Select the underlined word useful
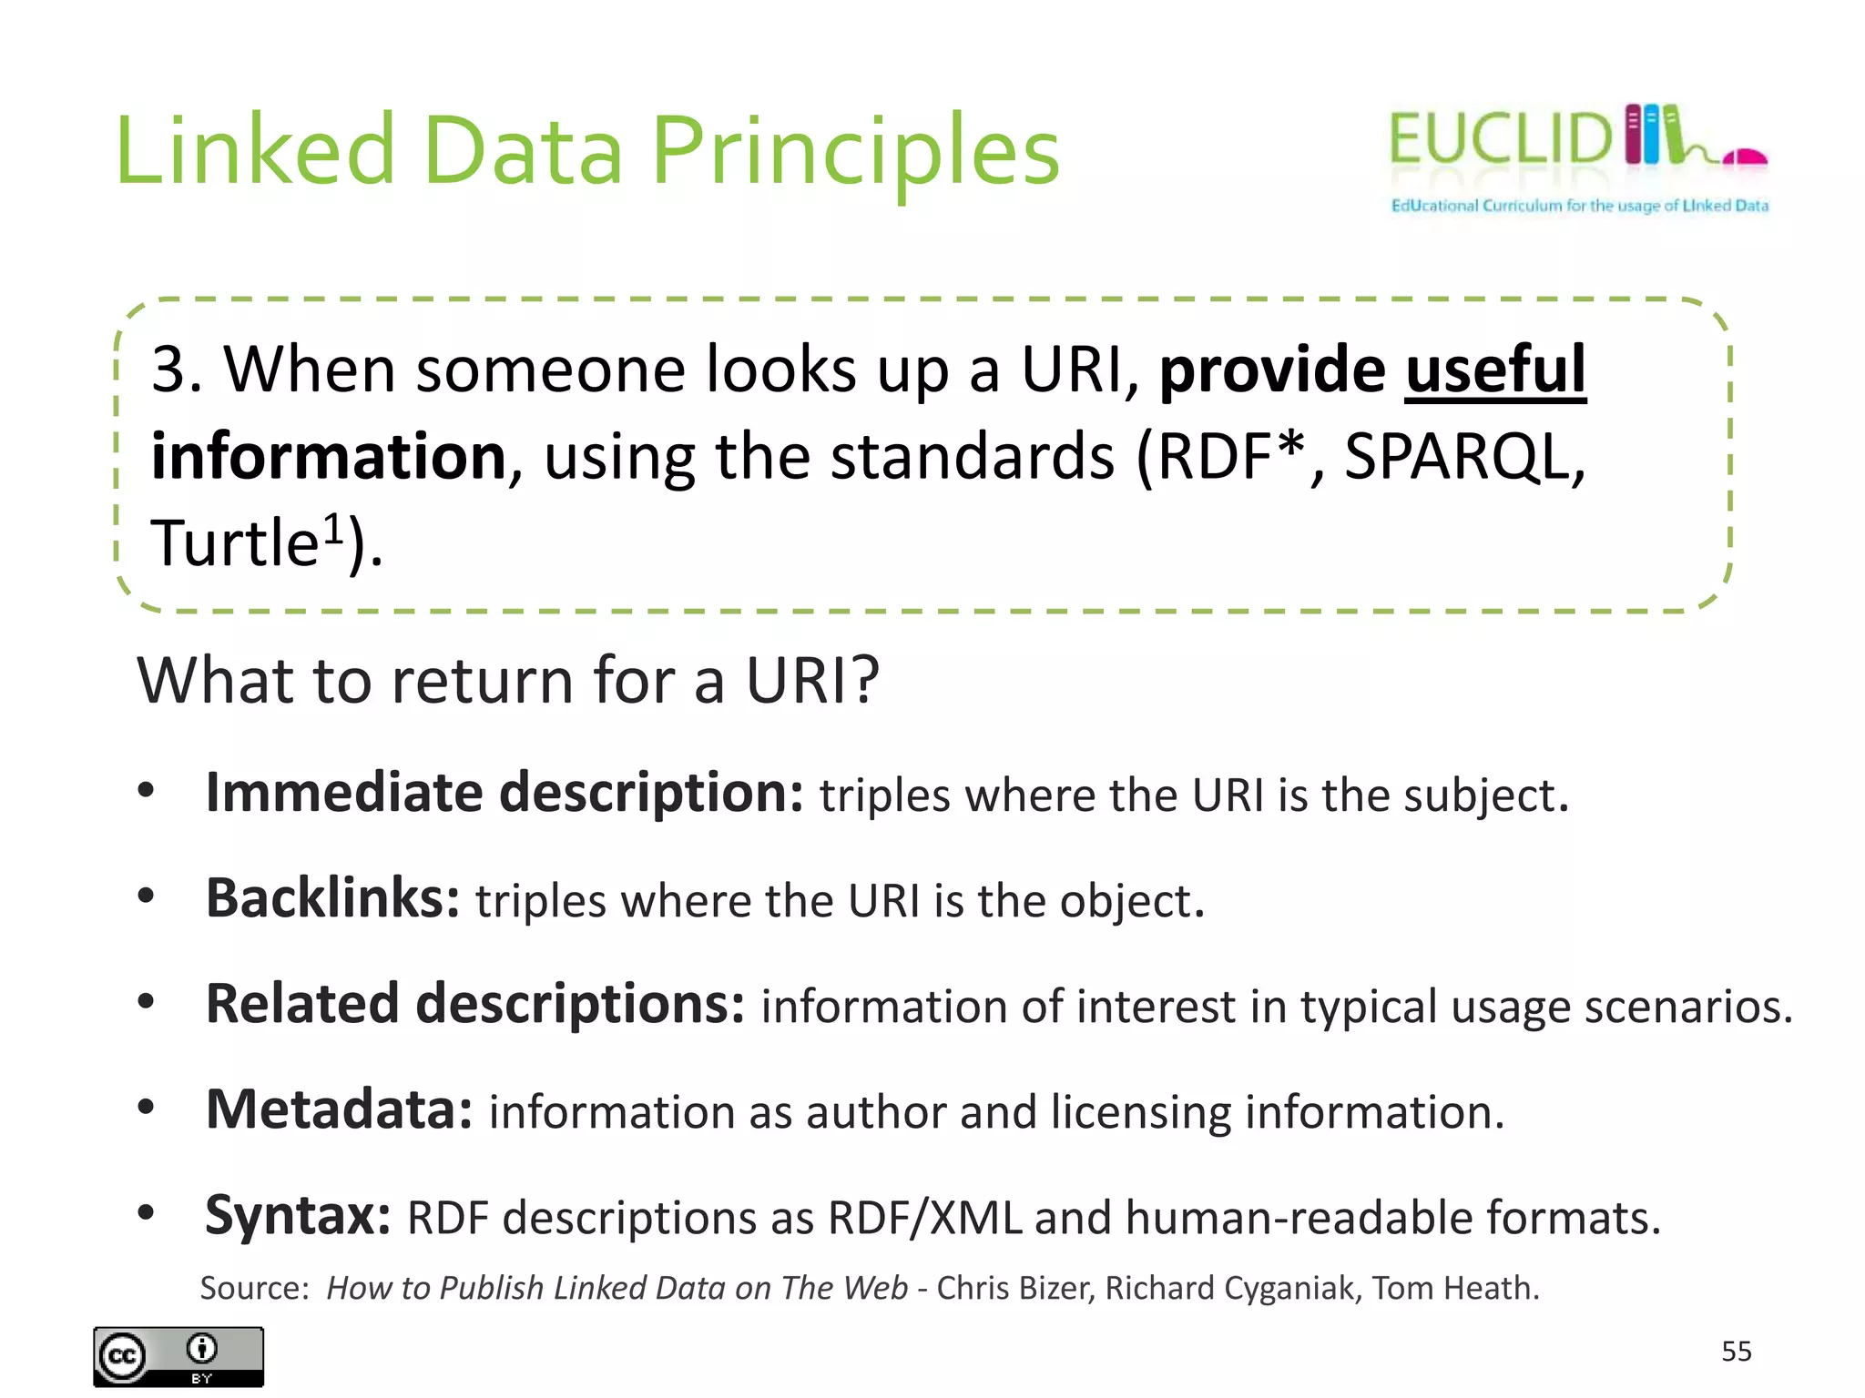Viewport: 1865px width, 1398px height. click(x=1495, y=370)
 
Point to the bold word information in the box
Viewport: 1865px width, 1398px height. click(x=328, y=457)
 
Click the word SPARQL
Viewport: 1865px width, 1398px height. click(x=1463, y=457)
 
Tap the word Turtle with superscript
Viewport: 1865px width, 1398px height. click(x=246, y=543)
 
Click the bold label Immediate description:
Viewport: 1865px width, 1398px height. click(x=504, y=793)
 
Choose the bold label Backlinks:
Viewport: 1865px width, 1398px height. click(x=332, y=898)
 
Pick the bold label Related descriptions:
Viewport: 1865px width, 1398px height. click(x=475, y=1004)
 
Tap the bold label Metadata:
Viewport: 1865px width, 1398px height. click(x=339, y=1109)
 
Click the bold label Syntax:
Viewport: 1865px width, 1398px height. click(x=298, y=1216)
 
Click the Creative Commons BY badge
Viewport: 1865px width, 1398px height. click(x=178, y=1356)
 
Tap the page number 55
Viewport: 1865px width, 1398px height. click(x=1736, y=1352)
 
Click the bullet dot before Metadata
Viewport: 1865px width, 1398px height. click(x=146, y=1108)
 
